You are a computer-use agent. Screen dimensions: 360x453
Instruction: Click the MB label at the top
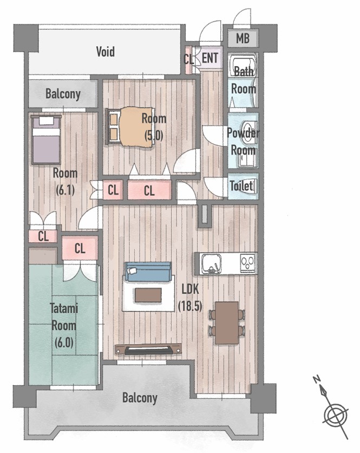(x=243, y=38)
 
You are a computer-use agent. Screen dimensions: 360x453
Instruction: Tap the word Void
(x=106, y=51)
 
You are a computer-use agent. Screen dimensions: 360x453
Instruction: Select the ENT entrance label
(x=210, y=58)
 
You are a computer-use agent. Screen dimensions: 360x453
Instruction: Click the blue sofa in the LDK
(x=148, y=271)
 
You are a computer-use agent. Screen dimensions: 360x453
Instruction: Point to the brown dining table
(x=227, y=323)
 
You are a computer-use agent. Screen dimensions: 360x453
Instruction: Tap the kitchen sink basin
(x=211, y=263)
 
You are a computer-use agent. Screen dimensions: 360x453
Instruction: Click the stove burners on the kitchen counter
(x=248, y=263)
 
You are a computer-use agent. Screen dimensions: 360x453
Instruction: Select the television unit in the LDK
(x=148, y=349)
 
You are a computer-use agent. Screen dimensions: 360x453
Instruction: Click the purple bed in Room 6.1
(x=46, y=140)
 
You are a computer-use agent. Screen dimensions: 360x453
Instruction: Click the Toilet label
(x=241, y=186)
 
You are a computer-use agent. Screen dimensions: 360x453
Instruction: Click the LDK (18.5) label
(x=190, y=297)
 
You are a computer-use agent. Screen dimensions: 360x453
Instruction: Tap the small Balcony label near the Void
(x=63, y=94)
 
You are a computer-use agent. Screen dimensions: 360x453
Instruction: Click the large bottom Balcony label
(x=140, y=398)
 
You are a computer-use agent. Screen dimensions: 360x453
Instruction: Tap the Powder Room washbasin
(x=249, y=132)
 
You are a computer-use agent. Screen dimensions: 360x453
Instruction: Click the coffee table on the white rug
(x=148, y=295)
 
